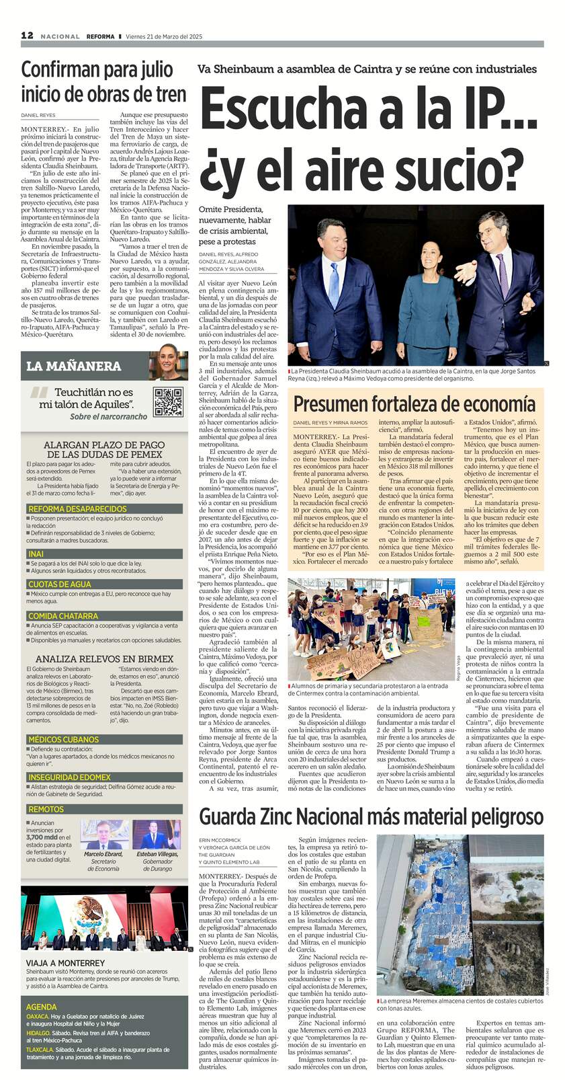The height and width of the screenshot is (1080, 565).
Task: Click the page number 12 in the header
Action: tap(28, 36)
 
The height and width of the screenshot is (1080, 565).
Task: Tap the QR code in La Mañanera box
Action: tap(168, 402)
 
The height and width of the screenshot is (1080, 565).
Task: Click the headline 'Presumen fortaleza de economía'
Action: tap(414, 403)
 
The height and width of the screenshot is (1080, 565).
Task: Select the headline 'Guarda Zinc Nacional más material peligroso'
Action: tap(371, 816)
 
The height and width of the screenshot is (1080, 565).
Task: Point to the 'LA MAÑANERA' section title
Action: tap(74, 366)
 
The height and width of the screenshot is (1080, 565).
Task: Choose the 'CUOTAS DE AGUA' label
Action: tap(59, 584)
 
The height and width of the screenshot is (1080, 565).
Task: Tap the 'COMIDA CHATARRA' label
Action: tap(63, 615)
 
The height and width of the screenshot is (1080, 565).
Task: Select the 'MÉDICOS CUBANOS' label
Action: tap(63, 739)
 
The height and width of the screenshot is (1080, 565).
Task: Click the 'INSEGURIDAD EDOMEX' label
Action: tap(70, 777)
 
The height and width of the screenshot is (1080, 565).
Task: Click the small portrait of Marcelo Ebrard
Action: tap(104, 835)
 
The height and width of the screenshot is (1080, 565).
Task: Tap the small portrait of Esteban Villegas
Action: tap(157, 835)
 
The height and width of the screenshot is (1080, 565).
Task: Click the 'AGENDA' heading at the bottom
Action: tap(42, 1007)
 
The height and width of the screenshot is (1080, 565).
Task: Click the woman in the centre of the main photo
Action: tap(427, 289)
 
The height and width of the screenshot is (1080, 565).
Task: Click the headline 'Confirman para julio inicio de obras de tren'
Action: tap(97, 81)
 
